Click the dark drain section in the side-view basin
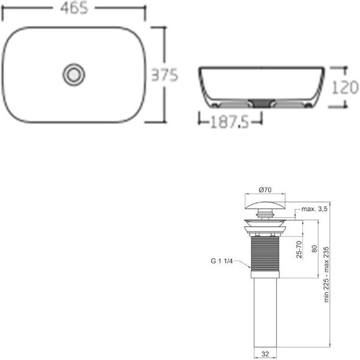[x=261, y=102]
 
